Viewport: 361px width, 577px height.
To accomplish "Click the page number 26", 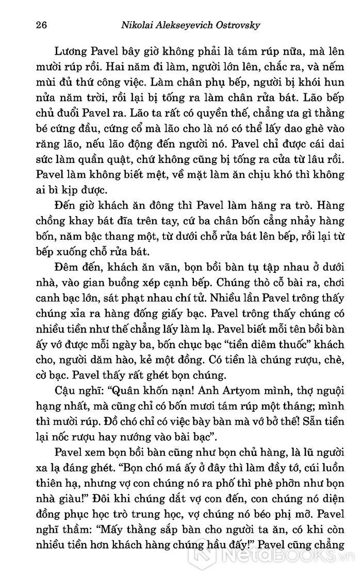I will pyautogui.click(x=36, y=25).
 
